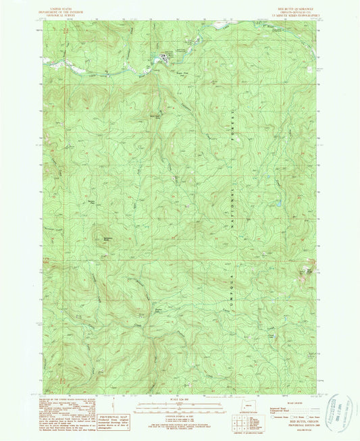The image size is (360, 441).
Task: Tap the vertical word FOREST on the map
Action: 231,118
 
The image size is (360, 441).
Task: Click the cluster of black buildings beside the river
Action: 163,58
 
